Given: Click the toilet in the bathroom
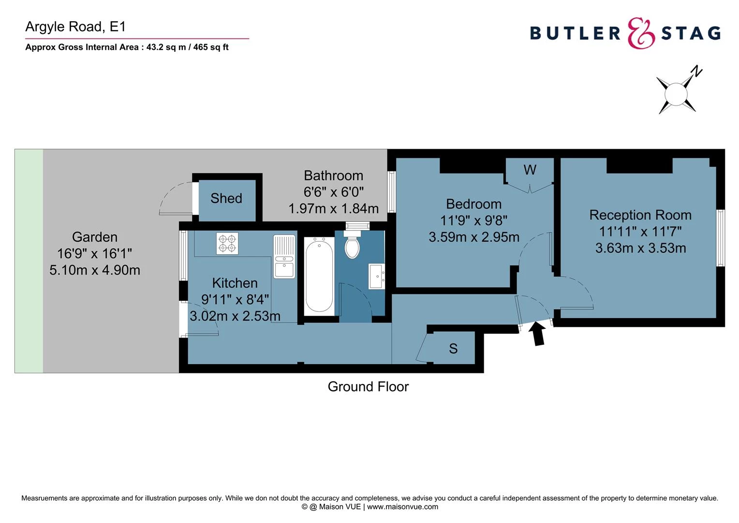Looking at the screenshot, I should pos(352,246).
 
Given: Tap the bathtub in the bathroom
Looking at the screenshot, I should pos(319,275).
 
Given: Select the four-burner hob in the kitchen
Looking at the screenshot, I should pos(227,243).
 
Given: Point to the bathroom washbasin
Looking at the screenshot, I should pos(376,276).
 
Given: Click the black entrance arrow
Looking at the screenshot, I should pos(538,335).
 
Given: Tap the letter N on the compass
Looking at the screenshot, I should pos(696,72).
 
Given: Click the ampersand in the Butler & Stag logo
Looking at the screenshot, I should pos(641,33).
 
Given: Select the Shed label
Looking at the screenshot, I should pos(226,198).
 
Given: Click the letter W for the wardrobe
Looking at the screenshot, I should pos(530,170).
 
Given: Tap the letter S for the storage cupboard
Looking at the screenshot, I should pos(453,349).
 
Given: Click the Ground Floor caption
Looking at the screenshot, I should pos(368,386).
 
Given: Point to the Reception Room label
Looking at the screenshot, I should pos(640,215).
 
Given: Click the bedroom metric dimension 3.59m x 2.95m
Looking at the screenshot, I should pos(474,237).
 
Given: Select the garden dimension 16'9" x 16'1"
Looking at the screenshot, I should pos(94,253).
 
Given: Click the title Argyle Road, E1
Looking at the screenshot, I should pos(75,27).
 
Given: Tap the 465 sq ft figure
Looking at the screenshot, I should pos(211,47).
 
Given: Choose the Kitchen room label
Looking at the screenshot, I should pos(235,283).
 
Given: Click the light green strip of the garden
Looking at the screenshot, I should pos(29,261).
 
